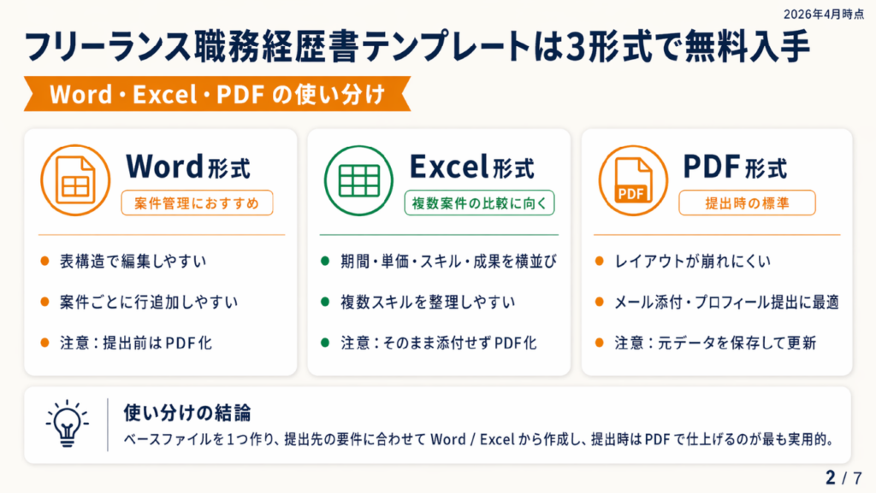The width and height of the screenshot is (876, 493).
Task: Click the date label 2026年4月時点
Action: [x=824, y=14]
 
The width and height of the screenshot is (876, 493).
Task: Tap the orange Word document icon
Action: [x=75, y=180]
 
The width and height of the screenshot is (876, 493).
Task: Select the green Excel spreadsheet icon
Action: [x=358, y=180]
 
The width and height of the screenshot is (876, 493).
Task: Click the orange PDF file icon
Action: [x=633, y=180]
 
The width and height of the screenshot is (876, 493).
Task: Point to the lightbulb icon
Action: [x=67, y=424]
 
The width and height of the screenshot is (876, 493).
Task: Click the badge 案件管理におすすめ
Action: [x=197, y=203]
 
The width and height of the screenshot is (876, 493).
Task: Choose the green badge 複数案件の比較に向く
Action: [x=479, y=203]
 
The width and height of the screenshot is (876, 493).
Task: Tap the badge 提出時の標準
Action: [x=747, y=203]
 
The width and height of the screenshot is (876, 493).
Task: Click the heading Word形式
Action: [x=187, y=167]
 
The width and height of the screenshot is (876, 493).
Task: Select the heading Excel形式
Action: [x=471, y=167]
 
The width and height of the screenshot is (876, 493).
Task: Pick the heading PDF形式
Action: [x=735, y=167]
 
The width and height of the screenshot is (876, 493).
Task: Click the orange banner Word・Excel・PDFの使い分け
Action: [x=217, y=94]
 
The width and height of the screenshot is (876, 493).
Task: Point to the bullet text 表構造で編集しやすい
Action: [x=133, y=261]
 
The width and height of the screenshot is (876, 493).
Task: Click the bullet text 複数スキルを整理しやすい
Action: [x=428, y=302]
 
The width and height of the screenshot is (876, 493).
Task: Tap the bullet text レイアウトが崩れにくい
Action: [x=692, y=261]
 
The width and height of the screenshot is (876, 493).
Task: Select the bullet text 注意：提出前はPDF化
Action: [x=136, y=343]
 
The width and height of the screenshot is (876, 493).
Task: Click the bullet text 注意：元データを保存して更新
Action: [x=715, y=343]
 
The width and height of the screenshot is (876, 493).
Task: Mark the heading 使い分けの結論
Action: [x=187, y=414]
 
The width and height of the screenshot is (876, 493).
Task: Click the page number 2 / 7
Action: [x=843, y=478]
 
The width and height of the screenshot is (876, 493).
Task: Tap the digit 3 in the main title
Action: [x=576, y=47]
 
